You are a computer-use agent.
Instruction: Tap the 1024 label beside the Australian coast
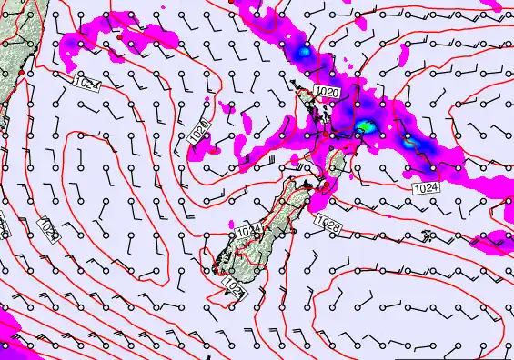point(84,84)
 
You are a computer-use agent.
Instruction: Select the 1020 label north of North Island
point(328,92)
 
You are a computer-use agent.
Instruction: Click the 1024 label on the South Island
point(248,234)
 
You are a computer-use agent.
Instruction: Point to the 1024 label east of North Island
point(426,187)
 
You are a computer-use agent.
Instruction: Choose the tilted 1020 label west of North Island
point(201,133)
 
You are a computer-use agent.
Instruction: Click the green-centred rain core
point(365,126)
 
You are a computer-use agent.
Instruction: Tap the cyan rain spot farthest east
point(410,142)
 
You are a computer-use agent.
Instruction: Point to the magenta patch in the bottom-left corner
point(7,338)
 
